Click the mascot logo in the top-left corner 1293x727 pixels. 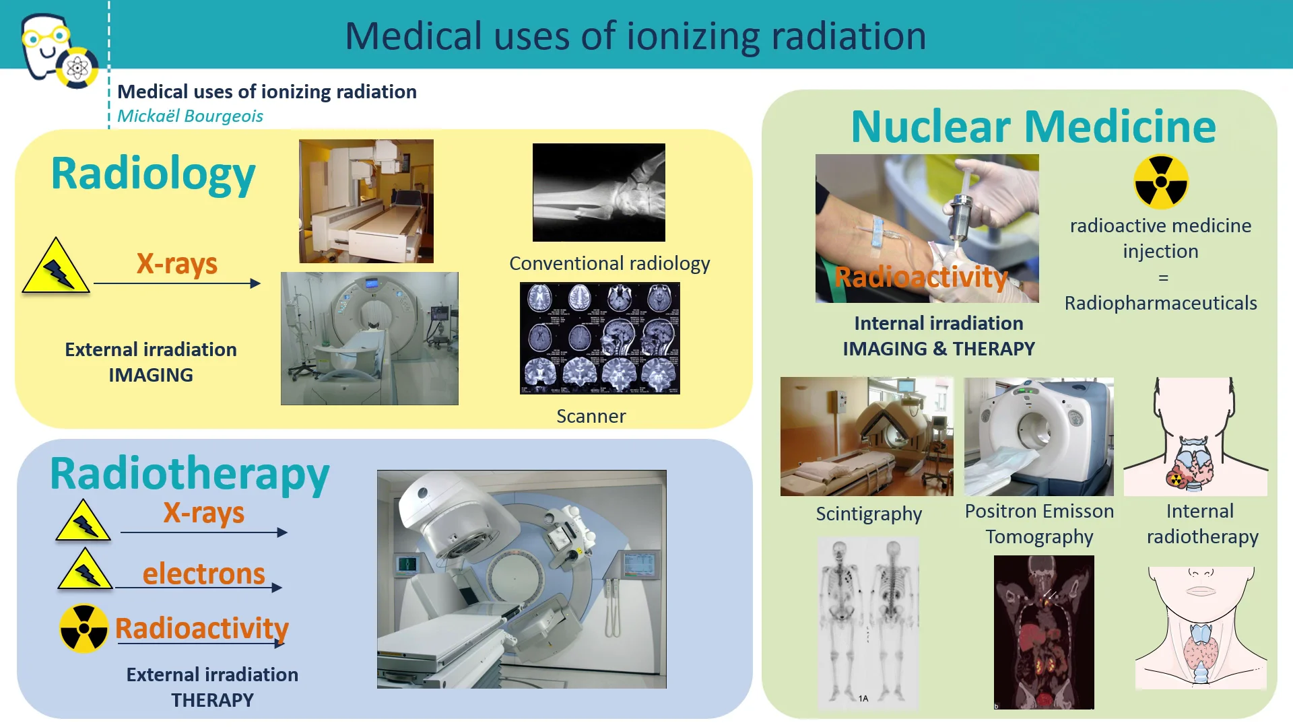[57, 50]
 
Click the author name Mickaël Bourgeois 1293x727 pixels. [190, 116]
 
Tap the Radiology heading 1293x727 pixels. [153, 174]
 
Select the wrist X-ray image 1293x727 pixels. [599, 193]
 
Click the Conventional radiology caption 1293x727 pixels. [609, 263]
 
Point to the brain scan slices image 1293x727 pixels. [599, 338]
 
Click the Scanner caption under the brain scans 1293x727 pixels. [591, 416]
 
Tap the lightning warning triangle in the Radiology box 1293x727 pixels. [56, 268]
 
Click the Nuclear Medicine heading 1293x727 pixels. [1033, 127]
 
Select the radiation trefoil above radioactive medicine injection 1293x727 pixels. [1160, 182]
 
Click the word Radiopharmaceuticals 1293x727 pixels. [1160, 303]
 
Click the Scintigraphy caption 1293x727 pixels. [869, 514]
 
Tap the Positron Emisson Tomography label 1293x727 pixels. [1039, 524]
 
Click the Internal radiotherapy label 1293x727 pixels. [1202, 524]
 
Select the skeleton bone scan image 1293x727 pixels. [867, 623]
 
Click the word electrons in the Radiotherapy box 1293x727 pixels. [203, 574]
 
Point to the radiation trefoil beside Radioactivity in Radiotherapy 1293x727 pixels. [84, 628]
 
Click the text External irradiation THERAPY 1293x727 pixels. [212, 687]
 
